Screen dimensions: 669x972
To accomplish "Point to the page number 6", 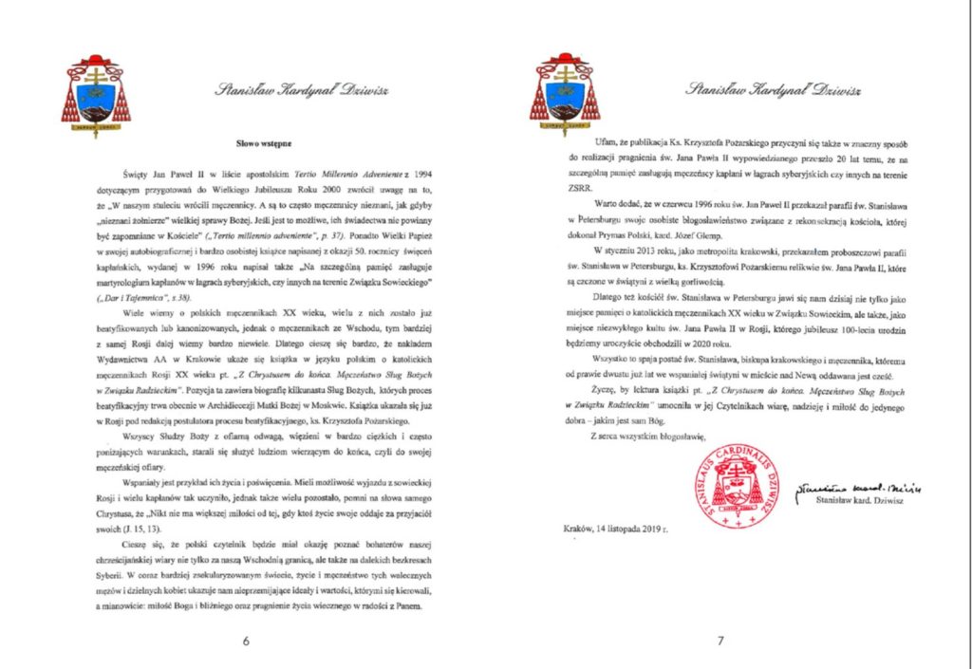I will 246,641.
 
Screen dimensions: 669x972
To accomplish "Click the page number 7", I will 721,641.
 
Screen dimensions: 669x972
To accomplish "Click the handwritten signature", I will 859,487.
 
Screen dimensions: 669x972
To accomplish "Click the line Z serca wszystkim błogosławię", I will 648,436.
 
